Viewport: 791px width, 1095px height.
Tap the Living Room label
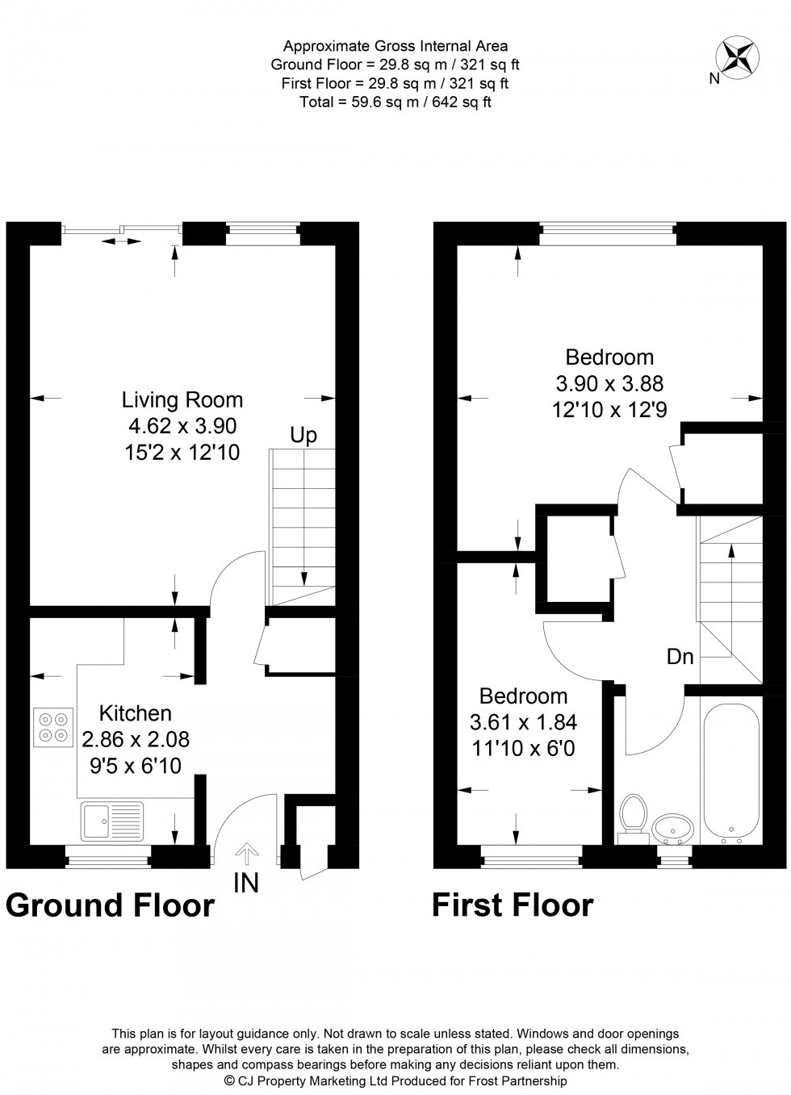pyautogui.click(x=182, y=399)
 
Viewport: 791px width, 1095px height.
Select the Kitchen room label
pyautogui.click(x=136, y=713)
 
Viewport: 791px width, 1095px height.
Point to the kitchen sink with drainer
pyautogui.click(x=111, y=821)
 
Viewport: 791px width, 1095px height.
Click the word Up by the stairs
pyautogui.click(x=303, y=436)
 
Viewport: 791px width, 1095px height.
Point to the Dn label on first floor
pyautogui.click(x=680, y=657)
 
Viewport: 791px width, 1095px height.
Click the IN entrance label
pyautogui.click(x=246, y=884)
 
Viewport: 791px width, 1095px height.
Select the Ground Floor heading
pyautogui.click(x=111, y=906)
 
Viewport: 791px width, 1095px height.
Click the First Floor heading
pyautogui.click(x=513, y=905)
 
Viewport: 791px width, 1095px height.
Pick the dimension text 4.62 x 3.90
pyautogui.click(x=182, y=426)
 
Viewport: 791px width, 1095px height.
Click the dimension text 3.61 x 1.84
pyautogui.click(x=523, y=722)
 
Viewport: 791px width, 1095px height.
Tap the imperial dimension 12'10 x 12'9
pyautogui.click(x=609, y=410)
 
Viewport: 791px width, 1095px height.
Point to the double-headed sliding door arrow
pyautogui.click(x=119, y=240)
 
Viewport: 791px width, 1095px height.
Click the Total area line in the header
pyautogui.click(x=395, y=102)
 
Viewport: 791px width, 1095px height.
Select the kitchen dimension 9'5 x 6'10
pyautogui.click(x=136, y=764)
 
